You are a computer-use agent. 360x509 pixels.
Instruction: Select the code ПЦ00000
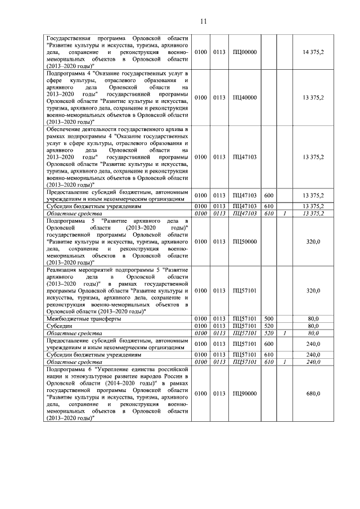point(244,52)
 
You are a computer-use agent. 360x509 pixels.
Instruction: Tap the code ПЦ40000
point(244,97)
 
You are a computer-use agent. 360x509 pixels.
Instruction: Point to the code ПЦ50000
point(244,241)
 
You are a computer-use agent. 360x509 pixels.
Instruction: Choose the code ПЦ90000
point(244,394)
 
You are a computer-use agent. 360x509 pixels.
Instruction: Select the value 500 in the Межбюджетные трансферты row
point(268,319)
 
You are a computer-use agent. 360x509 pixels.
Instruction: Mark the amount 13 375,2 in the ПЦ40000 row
point(313,97)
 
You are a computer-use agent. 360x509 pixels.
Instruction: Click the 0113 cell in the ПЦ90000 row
point(219,394)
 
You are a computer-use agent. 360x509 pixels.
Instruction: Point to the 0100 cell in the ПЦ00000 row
point(200,52)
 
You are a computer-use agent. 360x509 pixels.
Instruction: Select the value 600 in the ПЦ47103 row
point(268,195)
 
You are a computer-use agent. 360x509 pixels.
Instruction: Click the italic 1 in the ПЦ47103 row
point(285,214)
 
